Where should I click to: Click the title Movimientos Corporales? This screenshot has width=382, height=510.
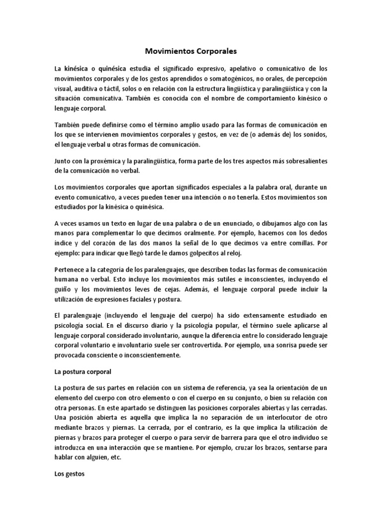pyautogui.click(x=191, y=51)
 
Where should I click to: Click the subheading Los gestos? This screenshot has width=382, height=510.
pyautogui.click(x=70, y=475)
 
